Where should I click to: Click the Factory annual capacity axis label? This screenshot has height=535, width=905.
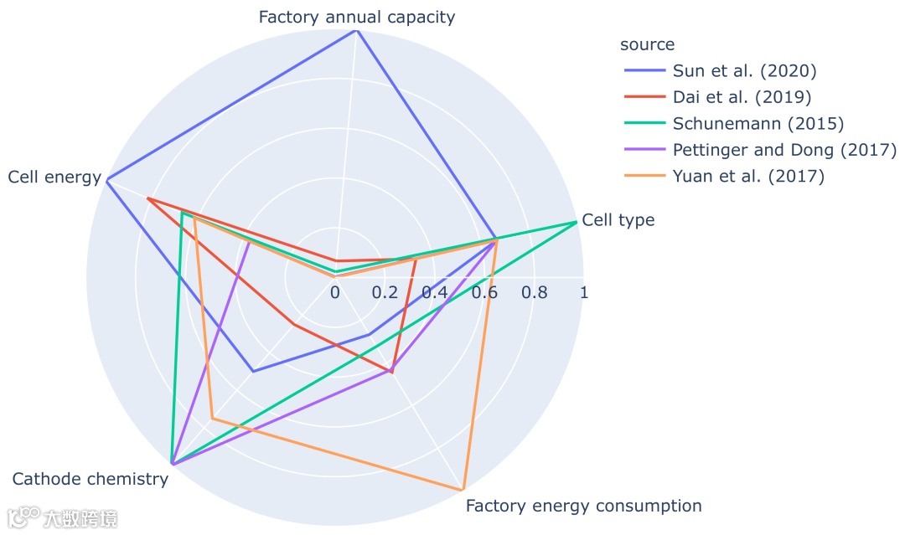tap(356, 17)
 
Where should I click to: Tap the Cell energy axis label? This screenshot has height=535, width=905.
tap(54, 177)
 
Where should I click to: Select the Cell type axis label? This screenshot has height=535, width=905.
tap(618, 220)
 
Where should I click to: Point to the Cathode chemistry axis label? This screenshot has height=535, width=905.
tap(90, 479)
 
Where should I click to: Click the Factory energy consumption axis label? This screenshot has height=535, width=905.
tap(583, 506)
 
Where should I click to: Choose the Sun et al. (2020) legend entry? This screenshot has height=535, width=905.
tap(744, 70)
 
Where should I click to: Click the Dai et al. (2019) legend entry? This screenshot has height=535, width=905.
tap(742, 97)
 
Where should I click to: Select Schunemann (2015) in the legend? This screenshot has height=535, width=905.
tap(758, 124)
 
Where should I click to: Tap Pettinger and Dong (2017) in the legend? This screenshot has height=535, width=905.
tap(784, 150)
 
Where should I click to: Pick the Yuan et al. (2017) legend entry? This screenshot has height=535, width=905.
tap(748, 177)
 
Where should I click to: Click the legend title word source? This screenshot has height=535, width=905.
tap(647, 44)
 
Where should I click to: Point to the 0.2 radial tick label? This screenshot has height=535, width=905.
tap(385, 293)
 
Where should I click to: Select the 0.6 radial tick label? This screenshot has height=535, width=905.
tap(484, 293)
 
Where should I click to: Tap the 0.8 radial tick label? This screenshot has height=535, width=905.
tap(534, 293)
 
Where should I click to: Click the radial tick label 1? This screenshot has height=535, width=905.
tap(584, 293)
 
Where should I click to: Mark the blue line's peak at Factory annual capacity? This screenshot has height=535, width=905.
tap(357, 30)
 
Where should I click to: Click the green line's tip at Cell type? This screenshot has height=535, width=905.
tap(577, 222)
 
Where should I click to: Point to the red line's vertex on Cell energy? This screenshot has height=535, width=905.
tap(147, 198)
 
